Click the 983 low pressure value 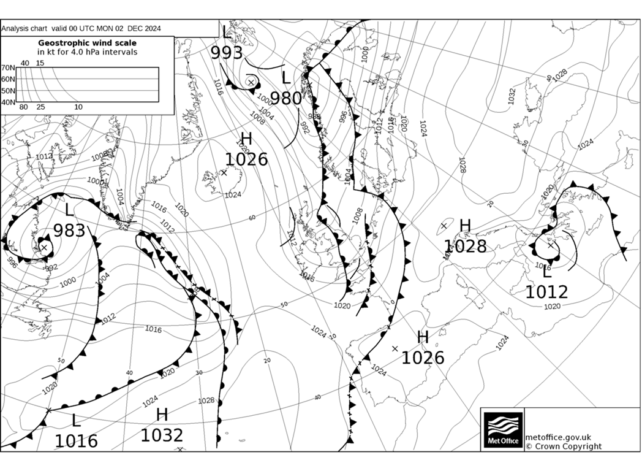(x=69, y=231)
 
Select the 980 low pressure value (x=286, y=98)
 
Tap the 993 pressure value (x=227, y=53)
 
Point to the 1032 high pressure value (x=162, y=435)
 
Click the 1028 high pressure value (x=466, y=247)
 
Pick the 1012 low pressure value (x=546, y=292)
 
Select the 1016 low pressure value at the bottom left (x=76, y=441)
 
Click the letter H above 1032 (x=162, y=415)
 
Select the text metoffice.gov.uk (x=558, y=437)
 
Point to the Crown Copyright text (x=563, y=446)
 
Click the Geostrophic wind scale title (x=87, y=43)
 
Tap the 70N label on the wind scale (x=8, y=68)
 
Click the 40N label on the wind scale (x=8, y=102)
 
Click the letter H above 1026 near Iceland (x=246, y=139)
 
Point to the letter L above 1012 (x=546, y=272)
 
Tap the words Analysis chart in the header (x=24, y=29)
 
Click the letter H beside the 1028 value (x=465, y=226)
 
